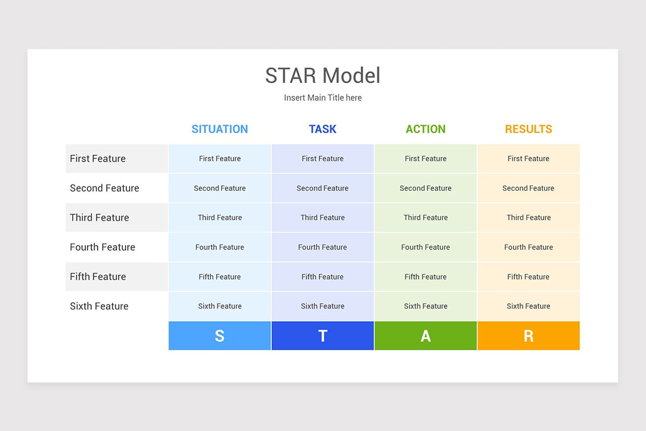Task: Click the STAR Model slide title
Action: point(322,76)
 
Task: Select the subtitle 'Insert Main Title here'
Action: point(322,98)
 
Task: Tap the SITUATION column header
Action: point(220,129)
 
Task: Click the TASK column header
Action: point(322,129)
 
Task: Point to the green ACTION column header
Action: point(425,129)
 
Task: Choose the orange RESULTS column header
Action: point(528,129)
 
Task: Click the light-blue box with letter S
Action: point(220,336)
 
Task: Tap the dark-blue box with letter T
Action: point(322,336)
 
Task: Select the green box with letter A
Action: point(425,336)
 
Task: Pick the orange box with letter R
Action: point(528,336)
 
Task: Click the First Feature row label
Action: point(98,158)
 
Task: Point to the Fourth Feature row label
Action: point(102,247)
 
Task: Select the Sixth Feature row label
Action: point(99,306)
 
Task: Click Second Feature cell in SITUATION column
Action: point(220,188)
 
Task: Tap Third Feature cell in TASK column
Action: point(322,218)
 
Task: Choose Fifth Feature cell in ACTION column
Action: point(425,277)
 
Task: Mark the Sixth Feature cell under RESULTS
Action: point(528,306)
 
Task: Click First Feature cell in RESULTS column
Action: point(528,158)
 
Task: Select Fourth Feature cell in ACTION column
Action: point(425,247)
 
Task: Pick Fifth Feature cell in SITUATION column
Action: point(220,277)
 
